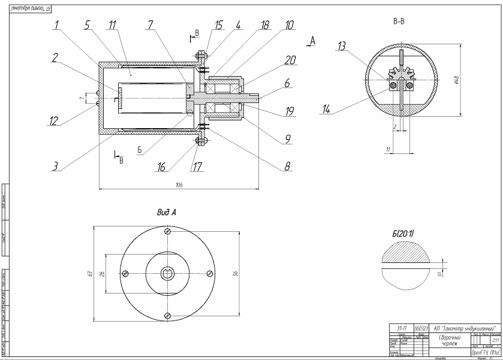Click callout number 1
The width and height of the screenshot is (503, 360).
coord(56,25)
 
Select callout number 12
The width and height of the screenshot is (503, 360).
coord(55,120)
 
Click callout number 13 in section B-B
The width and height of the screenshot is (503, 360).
coord(342,46)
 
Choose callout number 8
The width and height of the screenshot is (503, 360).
coord(288,166)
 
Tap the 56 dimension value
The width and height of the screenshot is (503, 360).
coord(235,274)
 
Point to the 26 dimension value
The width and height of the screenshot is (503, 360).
coord(101,274)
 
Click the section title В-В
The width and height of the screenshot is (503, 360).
coord(398,22)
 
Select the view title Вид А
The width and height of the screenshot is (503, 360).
coord(166,212)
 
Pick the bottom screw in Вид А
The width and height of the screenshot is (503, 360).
coord(167,315)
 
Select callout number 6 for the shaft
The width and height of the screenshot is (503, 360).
coord(288,84)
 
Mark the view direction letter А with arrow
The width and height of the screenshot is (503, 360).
coord(311,41)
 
